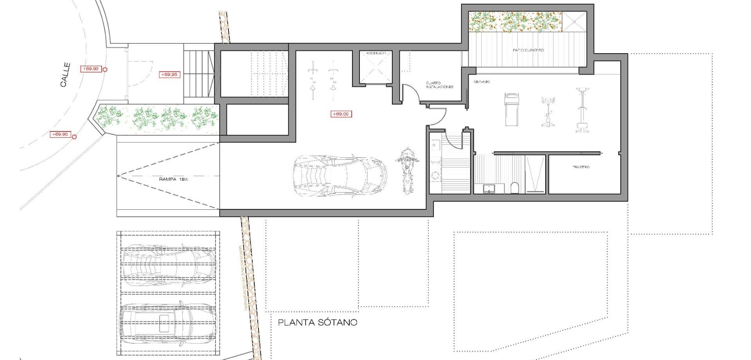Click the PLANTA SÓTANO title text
[317, 322]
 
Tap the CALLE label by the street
[65, 75]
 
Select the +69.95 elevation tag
[169, 74]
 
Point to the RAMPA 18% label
[173, 179]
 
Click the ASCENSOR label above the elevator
[376, 53]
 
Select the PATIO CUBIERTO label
[528, 50]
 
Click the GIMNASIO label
[482, 82]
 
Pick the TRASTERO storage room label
[581, 167]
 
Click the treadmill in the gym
[512, 109]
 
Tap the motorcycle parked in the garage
[407, 171]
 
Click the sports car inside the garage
[340, 175]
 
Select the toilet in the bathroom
[515, 188]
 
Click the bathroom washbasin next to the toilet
[489, 189]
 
